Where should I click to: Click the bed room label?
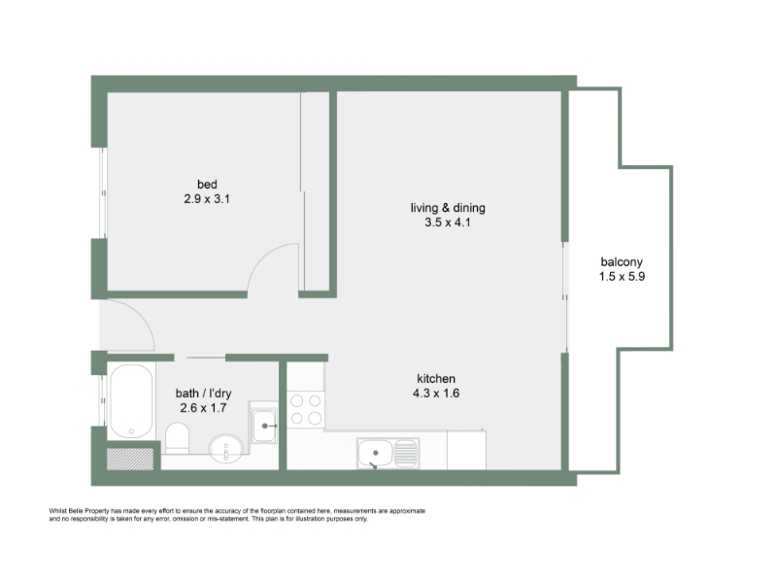pos(207,185)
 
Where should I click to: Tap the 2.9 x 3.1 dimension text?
pos(207,199)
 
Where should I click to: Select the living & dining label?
pos(448,208)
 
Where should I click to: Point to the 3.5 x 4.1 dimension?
pos(448,223)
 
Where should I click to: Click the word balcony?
pos(622,262)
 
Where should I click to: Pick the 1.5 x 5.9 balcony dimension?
pos(622,277)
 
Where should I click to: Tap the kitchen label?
pos(436,379)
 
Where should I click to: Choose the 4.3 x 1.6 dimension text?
pos(436,394)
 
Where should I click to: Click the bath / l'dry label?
pos(203,394)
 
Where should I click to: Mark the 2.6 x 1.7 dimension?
pos(203,408)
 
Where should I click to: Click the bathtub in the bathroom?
pos(131,401)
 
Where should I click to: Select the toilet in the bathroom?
pos(177,438)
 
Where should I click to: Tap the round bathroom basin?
pos(226,449)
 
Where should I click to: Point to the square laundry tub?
pos(263,426)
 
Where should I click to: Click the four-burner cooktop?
pos(306,409)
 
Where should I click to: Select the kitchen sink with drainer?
pos(388,453)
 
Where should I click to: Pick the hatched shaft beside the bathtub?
pos(130,459)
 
